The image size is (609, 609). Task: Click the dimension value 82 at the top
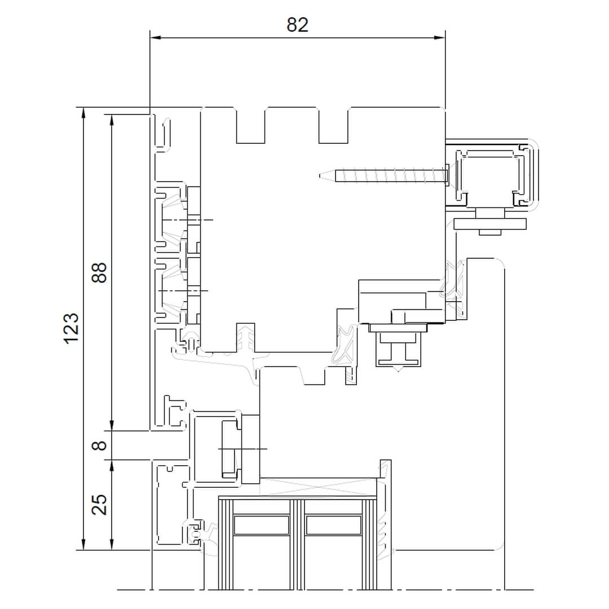[x=298, y=25]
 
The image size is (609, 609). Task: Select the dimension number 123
[x=72, y=328]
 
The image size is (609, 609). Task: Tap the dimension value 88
[x=99, y=273]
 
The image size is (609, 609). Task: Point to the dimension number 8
[x=99, y=445]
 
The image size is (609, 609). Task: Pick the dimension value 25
[x=99, y=505]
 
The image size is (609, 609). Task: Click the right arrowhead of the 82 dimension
[x=440, y=38]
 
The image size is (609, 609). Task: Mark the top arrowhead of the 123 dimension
[x=83, y=113]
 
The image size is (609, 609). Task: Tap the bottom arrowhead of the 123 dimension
[x=83, y=545]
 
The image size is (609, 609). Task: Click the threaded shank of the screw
[x=390, y=175]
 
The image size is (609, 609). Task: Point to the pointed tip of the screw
[x=320, y=175]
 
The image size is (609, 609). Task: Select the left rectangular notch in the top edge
[x=250, y=125]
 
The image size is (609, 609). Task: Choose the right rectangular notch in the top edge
[x=333, y=125]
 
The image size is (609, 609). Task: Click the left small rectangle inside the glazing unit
[x=262, y=525]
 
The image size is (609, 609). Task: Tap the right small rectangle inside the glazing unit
[x=334, y=525]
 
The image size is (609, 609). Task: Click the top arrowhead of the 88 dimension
[x=112, y=120]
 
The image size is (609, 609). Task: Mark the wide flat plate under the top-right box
[x=490, y=224]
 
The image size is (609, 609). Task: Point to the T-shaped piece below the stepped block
[x=398, y=350]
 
